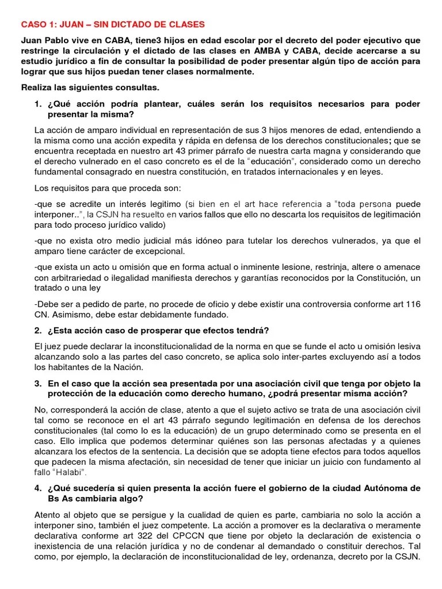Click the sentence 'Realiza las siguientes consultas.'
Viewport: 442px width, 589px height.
pyautogui.click(x=90, y=87)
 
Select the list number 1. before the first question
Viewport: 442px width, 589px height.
pyautogui.click(x=39, y=104)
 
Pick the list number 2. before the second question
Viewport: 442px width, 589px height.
pyautogui.click(x=39, y=330)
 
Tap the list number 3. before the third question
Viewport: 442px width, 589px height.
pyautogui.click(x=39, y=383)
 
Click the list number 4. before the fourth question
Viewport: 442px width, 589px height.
pyautogui.click(x=39, y=489)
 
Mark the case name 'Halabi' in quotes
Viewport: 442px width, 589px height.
pyautogui.click(x=68, y=473)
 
